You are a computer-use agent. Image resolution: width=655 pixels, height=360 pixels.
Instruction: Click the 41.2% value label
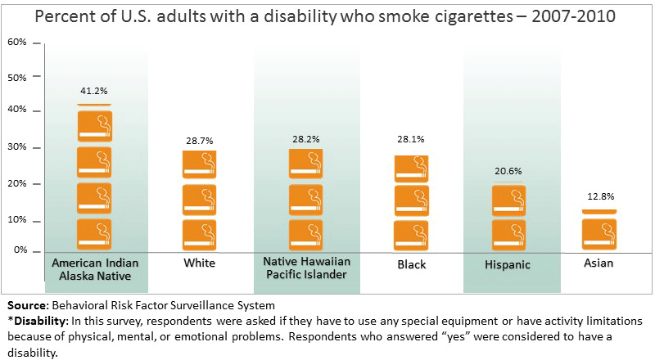tap(94, 89)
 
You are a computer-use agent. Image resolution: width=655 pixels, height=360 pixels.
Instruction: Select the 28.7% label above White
tap(199, 141)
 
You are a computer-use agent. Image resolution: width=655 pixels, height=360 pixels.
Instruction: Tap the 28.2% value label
tap(305, 139)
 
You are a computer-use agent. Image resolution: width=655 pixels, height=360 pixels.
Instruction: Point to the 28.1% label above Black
tap(410, 139)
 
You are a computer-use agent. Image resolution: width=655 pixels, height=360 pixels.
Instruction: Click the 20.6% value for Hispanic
tap(508, 171)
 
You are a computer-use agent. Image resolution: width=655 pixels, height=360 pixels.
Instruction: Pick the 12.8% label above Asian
tap(599, 196)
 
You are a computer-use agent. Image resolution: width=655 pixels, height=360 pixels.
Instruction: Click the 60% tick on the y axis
tap(18, 42)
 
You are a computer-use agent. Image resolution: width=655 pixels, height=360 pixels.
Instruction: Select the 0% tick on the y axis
tap(20, 250)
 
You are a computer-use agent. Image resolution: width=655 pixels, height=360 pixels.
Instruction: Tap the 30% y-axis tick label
tap(18, 147)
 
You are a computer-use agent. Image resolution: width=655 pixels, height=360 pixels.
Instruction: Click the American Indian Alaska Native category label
tap(94, 269)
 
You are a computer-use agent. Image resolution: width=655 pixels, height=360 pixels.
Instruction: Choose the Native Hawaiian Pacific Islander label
tap(305, 269)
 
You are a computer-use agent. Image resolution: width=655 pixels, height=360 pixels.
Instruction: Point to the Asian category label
tap(599, 263)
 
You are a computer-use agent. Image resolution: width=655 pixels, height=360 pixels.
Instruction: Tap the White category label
tap(200, 263)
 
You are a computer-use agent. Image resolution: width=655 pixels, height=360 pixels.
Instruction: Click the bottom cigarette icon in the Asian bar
tap(599, 234)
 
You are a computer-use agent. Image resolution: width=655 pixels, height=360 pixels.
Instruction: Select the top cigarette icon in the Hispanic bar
tap(508, 200)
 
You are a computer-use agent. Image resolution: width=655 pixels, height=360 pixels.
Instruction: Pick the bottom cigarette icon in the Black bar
tap(411, 235)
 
